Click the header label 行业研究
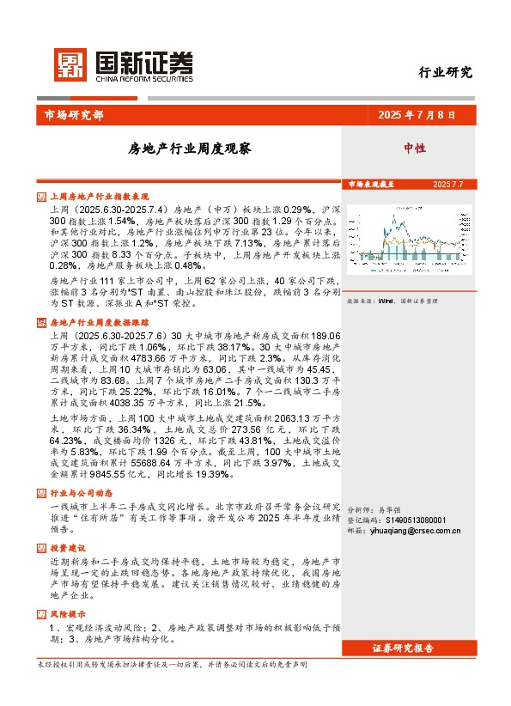point(445,72)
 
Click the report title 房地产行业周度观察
point(189,148)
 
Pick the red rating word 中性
point(415,148)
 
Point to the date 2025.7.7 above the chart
point(447,185)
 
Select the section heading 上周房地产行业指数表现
point(100,196)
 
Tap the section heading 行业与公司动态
point(82,493)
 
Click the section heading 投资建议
point(69,546)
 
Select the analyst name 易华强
point(391,509)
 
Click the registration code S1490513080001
point(420,520)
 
